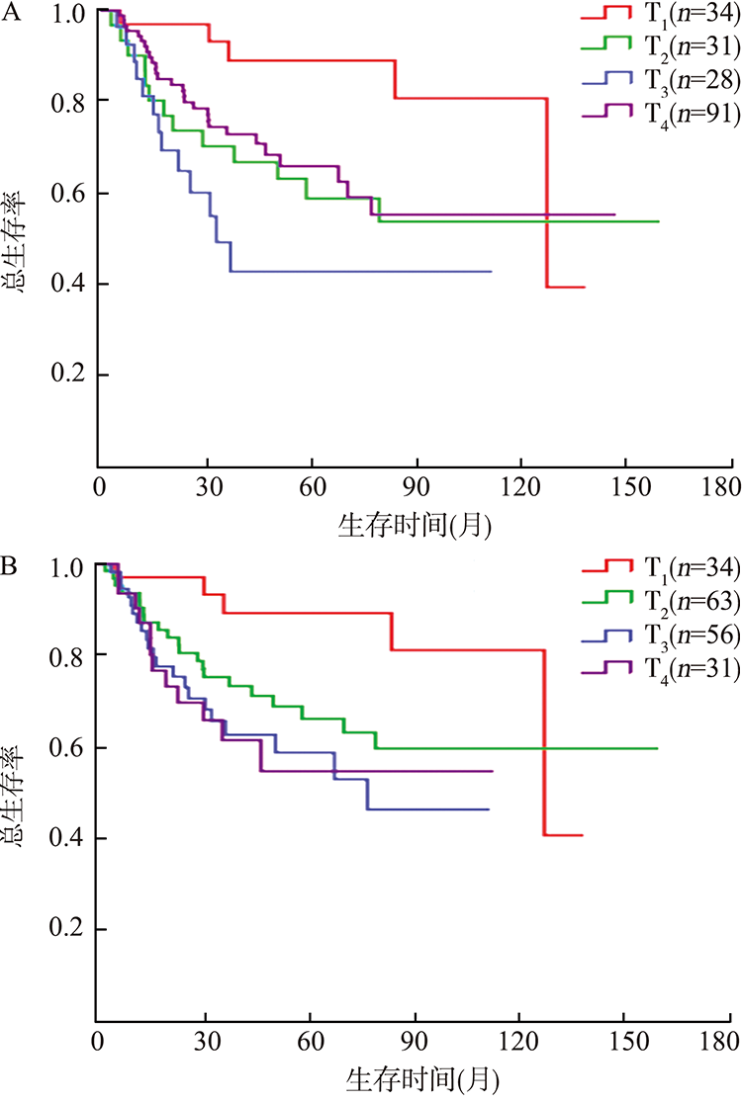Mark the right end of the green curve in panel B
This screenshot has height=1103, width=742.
pos(657,748)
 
